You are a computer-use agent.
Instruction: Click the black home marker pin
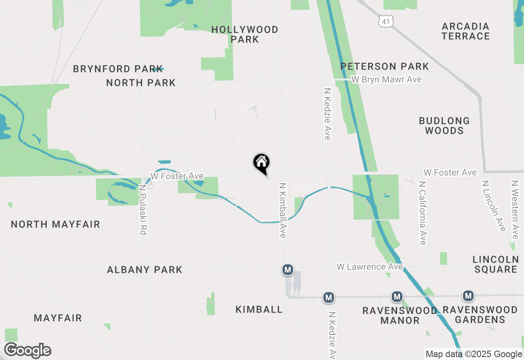261,163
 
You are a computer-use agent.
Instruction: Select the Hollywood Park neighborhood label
245,34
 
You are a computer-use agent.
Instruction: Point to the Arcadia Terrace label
465,31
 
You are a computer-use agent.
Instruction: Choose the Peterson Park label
384,66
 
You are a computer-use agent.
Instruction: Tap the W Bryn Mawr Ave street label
386,79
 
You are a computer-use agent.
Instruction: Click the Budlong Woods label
444,126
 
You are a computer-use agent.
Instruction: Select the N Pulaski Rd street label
142,209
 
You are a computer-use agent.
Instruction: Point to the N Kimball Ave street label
282,210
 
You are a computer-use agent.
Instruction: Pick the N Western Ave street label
515,209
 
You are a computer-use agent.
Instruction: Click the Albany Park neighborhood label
145,270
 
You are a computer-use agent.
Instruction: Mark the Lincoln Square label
495,264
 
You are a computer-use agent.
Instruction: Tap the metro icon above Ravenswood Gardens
468,295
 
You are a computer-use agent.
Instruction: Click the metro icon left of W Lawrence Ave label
288,270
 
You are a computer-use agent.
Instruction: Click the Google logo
27,351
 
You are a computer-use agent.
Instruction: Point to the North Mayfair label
55,224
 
